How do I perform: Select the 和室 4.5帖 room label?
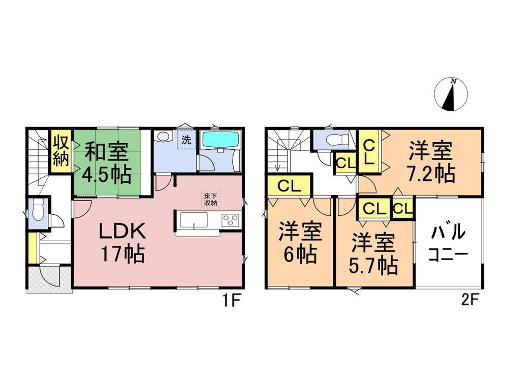[107, 163]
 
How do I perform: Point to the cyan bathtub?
[220, 140]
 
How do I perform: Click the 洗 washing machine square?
[186, 140]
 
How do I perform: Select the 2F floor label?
[470, 301]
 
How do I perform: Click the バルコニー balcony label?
[448, 242]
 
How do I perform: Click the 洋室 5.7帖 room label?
[373, 255]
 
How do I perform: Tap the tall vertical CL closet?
[369, 151]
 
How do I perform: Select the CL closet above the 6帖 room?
[289, 186]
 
